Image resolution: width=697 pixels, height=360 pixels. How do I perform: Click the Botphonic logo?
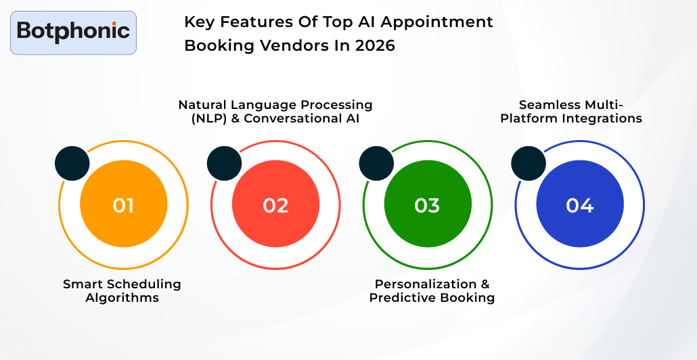(x=73, y=32)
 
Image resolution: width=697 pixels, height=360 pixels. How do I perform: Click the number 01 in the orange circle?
(x=123, y=205)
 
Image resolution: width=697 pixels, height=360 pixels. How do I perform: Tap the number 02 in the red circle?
(x=275, y=205)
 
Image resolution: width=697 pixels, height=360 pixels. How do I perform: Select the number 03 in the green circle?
(x=427, y=205)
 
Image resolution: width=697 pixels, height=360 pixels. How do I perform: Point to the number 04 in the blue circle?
(x=579, y=205)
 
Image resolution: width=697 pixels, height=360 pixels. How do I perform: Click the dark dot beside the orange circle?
(x=72, y=164)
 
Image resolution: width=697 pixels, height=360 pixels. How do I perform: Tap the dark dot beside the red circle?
(x=224, y=164)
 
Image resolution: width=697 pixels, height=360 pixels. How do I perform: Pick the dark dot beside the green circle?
(x=376, y=164)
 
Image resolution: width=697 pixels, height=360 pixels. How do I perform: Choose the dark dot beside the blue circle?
(x=529, y=164)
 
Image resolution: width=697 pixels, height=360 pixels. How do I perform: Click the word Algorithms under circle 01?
(x=122, y=298)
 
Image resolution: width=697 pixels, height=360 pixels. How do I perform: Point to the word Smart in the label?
(x=81, y=284)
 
